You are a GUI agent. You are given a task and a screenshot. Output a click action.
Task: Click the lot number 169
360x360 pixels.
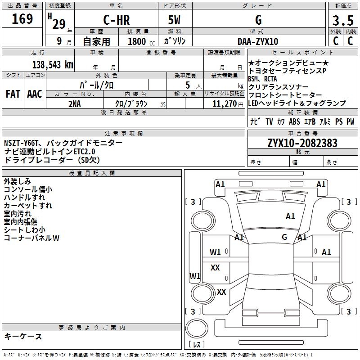pyautogui.click(x=23, y=19)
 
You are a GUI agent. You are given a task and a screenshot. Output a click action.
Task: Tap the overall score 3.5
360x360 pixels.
pyautogui.click(x=342, y=21)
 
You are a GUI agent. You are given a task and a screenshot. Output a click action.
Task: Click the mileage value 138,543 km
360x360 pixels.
pyautogui.click(x=53, y=64)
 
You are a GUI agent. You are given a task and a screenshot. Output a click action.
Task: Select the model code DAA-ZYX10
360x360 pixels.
pyautogui.click(x=258, y=41)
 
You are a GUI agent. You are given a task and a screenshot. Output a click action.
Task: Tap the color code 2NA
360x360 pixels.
pyautogui.click(x=75, y=103)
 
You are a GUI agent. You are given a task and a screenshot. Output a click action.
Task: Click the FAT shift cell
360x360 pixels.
pyautogui.click(x=13, y=94)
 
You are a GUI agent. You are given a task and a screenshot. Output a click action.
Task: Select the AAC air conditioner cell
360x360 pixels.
pyautogui.click(x=35, y=94)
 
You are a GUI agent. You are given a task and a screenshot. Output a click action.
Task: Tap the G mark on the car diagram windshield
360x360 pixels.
pyautogui.click(x=284, y=237)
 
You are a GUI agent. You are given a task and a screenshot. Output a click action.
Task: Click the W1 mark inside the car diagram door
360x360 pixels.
pyautogui.click(x=216, y=252)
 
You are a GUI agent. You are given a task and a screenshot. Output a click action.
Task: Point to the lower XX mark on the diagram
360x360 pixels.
pyautogui.click(x=221, y=292)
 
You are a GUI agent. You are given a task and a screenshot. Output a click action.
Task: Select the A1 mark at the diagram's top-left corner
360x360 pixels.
pyautogui.click(x=220, y=184)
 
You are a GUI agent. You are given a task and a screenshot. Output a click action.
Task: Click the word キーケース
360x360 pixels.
pyautogui.click(x=23, y=336)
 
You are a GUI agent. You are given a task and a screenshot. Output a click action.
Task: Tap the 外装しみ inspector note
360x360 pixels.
pyautogui.click(x=18, y=181)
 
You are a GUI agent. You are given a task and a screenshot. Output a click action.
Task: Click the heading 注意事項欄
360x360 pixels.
pyautogui.click(x=124, y=133)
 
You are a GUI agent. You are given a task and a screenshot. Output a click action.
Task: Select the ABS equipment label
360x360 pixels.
pyautogui.click(x=294, y=121)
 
